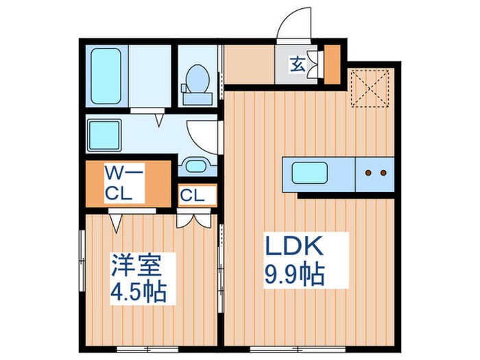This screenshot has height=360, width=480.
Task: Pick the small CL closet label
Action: (193, 195)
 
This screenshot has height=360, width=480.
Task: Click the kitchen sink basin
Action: (312, 172)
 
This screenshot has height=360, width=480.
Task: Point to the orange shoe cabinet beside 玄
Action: (332, 62)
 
